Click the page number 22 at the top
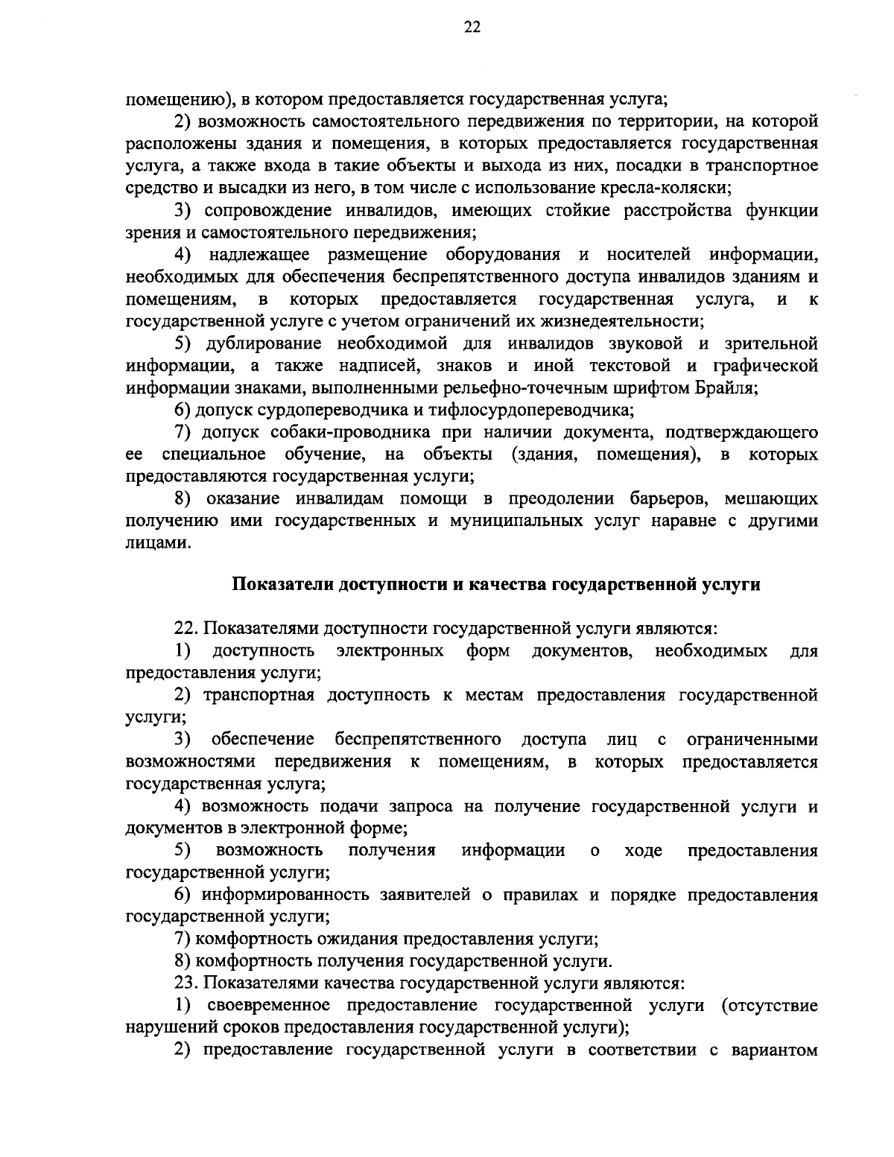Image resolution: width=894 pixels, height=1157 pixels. coord(472,28)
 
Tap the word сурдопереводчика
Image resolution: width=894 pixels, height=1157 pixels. coord(283,411)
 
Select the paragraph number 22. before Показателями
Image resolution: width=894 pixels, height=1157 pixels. coord(186,630)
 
